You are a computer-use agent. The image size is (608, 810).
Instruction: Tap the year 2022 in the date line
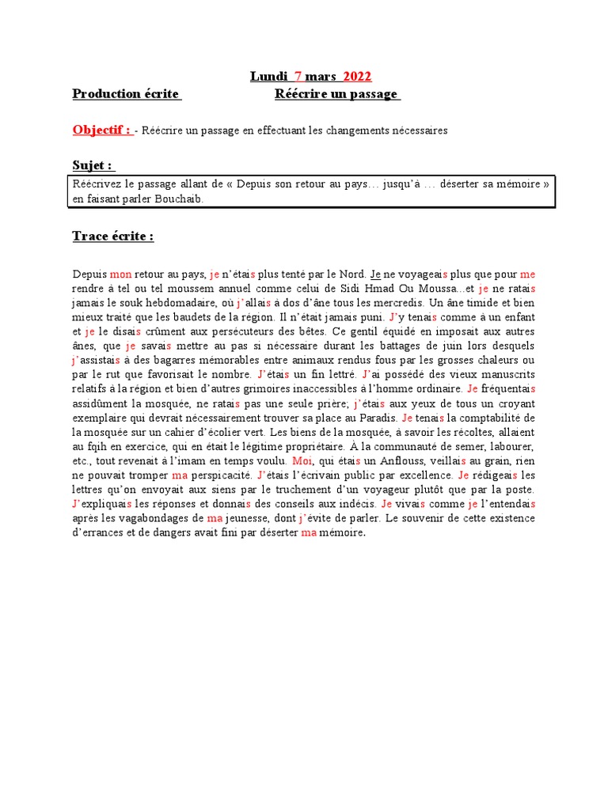coord(357,77)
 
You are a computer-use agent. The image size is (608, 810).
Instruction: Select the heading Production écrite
coord(126,94)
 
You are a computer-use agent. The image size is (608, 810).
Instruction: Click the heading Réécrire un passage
coord(336,94)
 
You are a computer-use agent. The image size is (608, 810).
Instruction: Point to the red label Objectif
coord(101,130)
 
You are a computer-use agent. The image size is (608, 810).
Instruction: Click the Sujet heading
coord(93,165)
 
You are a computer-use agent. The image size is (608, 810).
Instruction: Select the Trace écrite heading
coord(112,237)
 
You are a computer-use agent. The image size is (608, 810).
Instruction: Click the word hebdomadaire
coord(181,303)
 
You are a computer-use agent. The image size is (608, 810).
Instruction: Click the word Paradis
coord(376,418)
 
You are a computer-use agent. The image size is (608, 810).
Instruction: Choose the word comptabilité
coord(484,418)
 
